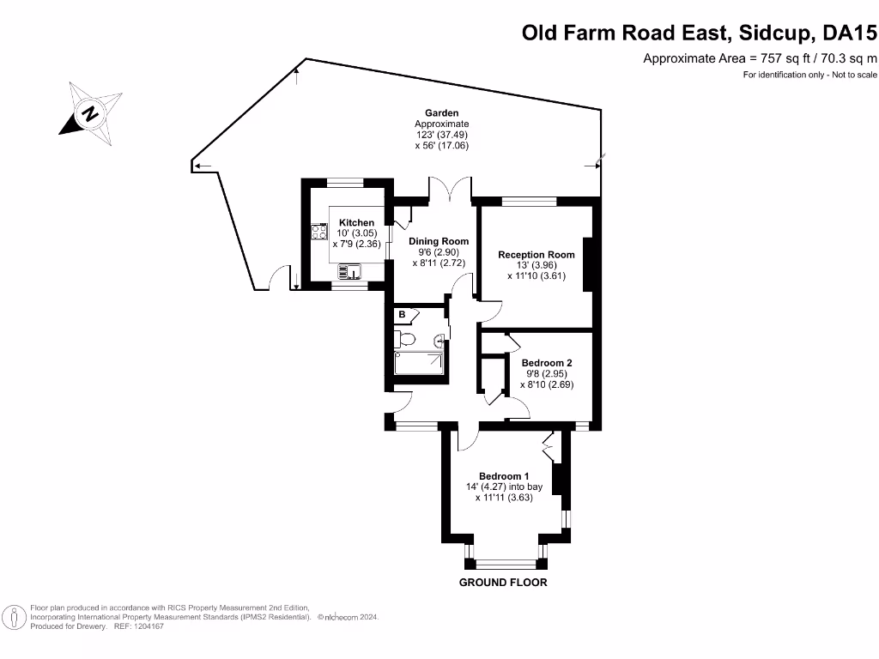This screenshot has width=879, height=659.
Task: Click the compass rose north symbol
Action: [x=89, y=113]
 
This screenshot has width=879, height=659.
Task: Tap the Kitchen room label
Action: [x=356, y=223]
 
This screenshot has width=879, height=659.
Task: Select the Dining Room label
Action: [x=439, y=241]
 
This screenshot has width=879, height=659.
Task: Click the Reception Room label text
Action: [x=536, y=255]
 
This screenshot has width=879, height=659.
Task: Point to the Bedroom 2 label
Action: [x=547, y=363]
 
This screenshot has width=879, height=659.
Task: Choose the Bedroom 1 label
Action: [x=504, y=476]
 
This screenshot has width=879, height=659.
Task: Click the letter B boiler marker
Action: [x=401, y=315]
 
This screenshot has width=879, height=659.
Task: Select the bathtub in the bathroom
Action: [x=419, y=364]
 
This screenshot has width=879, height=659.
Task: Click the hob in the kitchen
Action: [x=318, y=231]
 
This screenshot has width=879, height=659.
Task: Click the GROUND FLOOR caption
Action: [x=503, y=583]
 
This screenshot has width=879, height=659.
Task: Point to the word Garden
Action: [x=442, y=113]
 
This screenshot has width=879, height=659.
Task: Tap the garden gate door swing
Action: [x=276, y=279]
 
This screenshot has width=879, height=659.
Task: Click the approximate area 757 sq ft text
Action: [x=761, y=58]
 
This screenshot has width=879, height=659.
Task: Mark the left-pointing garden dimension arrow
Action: [x=202, y=166]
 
